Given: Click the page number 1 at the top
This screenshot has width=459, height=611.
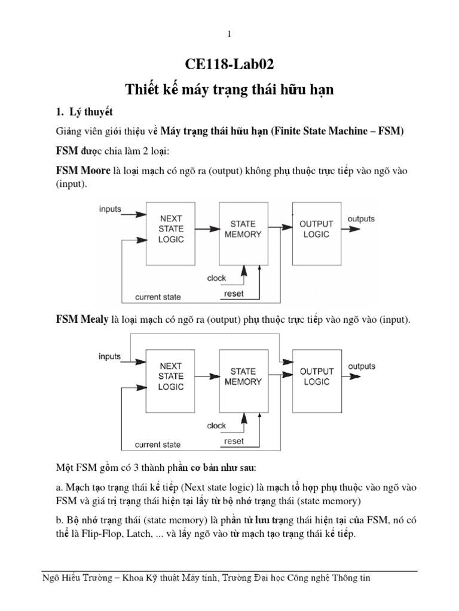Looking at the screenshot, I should point(229,35).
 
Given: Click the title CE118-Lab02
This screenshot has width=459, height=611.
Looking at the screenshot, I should point(229,65).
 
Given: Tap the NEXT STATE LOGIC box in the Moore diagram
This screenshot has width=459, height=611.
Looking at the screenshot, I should point(171,229).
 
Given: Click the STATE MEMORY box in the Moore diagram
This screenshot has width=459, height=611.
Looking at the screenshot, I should point(243,229).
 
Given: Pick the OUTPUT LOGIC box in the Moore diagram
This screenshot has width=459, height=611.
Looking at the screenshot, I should point(316,229).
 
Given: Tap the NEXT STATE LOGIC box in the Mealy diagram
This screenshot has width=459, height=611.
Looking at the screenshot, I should point(171,376).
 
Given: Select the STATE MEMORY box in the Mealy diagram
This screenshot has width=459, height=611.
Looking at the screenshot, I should point(243,376).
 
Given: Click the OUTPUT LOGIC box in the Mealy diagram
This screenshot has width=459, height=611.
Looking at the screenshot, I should point(316,376).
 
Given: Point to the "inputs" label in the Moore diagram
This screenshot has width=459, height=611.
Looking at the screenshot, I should point(110,209).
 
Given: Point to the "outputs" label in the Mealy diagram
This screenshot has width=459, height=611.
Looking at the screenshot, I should point(362,366).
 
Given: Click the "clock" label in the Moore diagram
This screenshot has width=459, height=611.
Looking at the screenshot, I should point(216,278).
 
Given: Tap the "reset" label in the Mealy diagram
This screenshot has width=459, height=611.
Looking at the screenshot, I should point(234,441).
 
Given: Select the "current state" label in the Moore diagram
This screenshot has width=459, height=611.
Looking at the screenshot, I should point(158,297).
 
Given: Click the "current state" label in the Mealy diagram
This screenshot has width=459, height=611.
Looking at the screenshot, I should point(158,445).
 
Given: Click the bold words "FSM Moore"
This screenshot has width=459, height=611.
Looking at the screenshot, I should point(83,171).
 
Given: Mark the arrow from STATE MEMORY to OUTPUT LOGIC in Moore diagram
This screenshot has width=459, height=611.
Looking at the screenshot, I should point(280,229).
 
